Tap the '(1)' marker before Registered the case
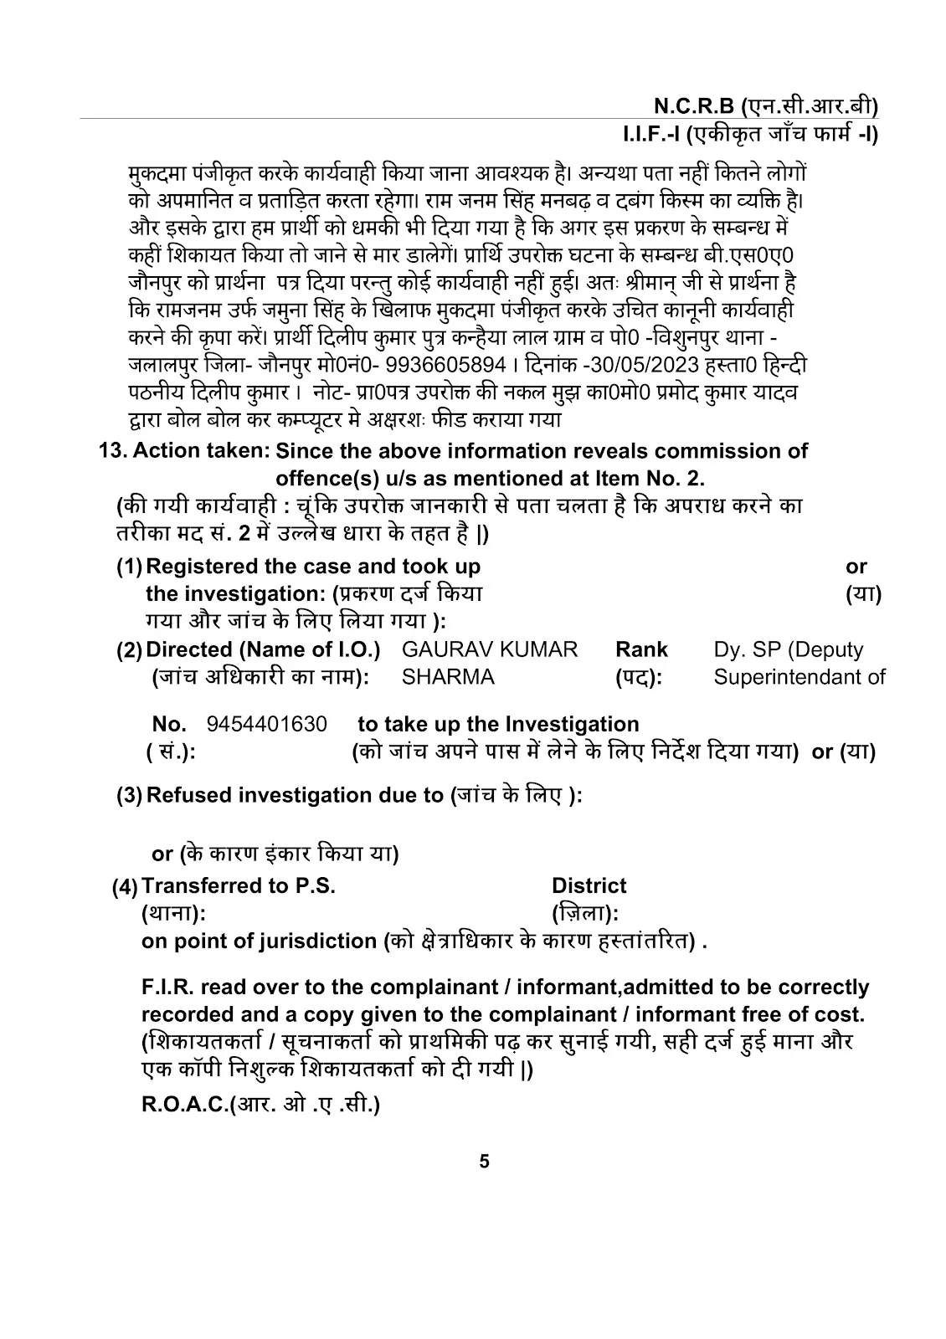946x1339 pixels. click(x=130, y=567)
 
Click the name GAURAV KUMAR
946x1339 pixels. click(x=490, y=649)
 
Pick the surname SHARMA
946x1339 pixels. click(x=448, y=676)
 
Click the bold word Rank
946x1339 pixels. click(x=641, y=649)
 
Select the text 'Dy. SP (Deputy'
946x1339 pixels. click(x=788, y=649)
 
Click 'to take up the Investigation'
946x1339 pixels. click(x=498, y=724)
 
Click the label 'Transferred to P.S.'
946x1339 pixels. click(x=239, y=886)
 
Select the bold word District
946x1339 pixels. click(x=589, y=886)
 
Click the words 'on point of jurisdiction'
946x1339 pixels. click(x=259, y=941)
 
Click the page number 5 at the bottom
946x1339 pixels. click(x=485, y=1162)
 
